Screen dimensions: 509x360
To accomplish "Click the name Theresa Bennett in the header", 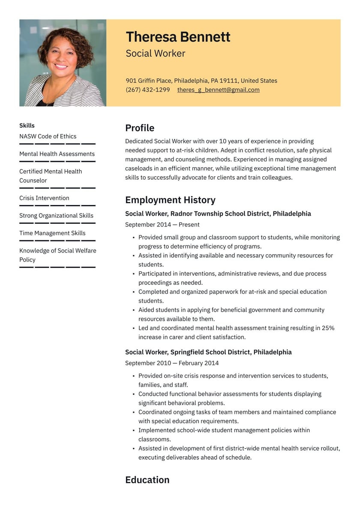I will point(178,37).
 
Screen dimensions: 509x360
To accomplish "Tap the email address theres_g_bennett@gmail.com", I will point(218,90).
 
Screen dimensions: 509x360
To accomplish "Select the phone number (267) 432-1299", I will point(148,90).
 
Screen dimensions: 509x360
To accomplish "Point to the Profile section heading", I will point(140,128).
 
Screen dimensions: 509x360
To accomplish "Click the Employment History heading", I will point(170,200).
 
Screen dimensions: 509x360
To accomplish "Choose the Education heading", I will point(147,479).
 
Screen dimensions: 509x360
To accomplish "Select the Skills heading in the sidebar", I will point(27,126).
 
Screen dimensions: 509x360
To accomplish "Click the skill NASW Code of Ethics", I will point(48,136).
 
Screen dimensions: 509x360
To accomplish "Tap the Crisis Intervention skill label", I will point(44,198).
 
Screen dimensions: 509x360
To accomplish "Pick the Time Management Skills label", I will point(52,233).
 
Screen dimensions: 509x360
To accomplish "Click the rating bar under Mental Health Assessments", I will point(57,161).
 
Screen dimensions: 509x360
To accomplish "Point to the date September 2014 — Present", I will point(162,225).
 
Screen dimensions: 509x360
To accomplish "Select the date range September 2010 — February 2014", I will point(172,363).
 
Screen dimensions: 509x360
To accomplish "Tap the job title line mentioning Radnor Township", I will point(218,214).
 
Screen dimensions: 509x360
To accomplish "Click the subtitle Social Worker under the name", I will point(156,54).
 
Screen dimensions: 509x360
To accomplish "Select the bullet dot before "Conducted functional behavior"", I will point(134,394).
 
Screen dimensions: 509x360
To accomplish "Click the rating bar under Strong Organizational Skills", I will point(57,223).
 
